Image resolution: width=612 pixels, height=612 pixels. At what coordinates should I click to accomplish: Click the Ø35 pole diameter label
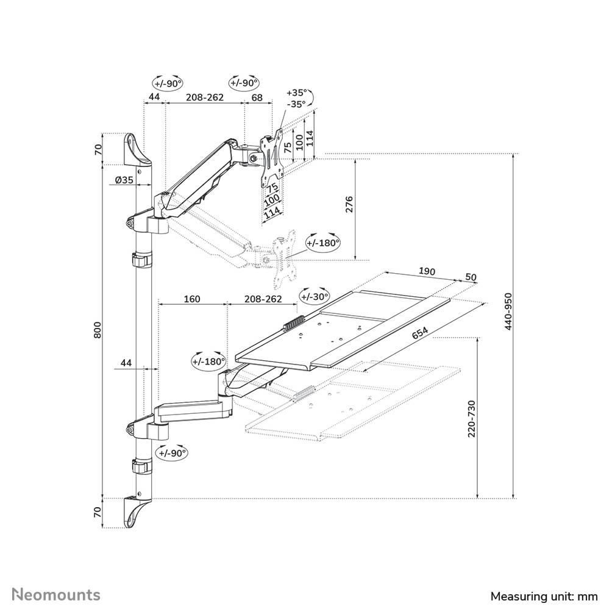coord(124,179)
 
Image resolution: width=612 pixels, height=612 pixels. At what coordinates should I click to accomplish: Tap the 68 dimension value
coord(257,98)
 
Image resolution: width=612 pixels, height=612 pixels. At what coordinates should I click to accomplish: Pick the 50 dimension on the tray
coord(470,277)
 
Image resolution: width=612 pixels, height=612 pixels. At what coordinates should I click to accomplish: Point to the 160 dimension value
coord(191,299)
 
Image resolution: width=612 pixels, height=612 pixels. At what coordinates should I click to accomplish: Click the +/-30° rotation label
coord(314,296)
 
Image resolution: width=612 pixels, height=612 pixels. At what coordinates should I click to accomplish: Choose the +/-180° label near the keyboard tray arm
coord(208,361)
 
